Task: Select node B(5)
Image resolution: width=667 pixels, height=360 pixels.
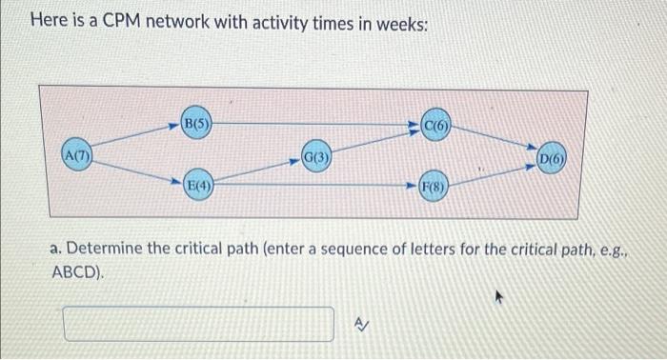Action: pos(196,123)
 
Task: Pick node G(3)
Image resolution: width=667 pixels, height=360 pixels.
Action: pos(316,155)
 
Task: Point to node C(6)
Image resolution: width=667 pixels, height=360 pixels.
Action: pos(437,124)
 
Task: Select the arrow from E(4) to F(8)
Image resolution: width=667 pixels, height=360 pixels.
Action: pos(314,187)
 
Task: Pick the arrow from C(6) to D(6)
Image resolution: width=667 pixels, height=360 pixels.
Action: pos(495,139)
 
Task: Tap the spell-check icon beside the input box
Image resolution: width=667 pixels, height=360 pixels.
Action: pos(359,323)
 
